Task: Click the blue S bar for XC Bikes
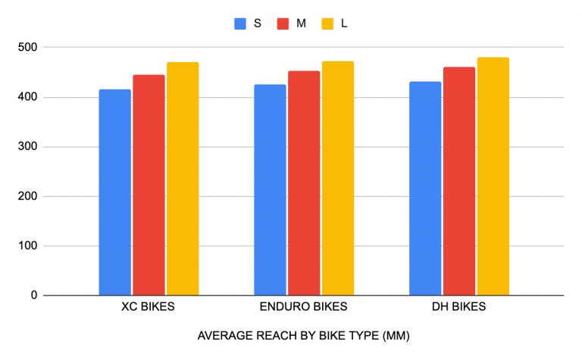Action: point(115,193)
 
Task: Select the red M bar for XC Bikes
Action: point(149,185)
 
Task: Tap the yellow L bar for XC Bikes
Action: point(183,179)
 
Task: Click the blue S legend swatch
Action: point(240,23)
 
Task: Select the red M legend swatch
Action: point(283,23)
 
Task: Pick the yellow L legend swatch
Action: point(327,23)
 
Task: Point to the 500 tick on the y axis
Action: point(30,48)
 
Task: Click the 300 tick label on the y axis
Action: point(30,147)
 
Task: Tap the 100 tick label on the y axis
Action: point(30,246)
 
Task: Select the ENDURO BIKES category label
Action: point(303,308)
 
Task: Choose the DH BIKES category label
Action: point(459,308)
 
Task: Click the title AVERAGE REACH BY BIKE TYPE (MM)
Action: point(303,336)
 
